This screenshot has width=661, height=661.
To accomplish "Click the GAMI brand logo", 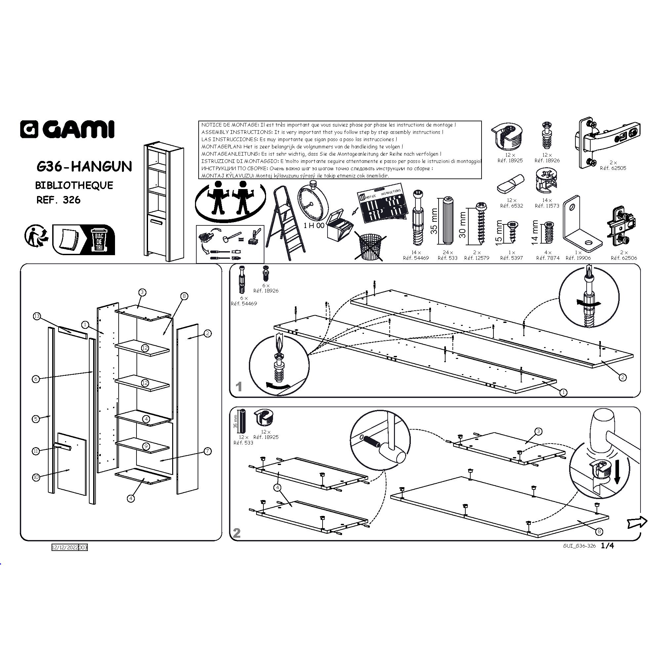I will coord(67,129).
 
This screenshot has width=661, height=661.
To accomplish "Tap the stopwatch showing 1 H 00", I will coord(312,204).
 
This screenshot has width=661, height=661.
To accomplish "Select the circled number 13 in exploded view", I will coord(37,316).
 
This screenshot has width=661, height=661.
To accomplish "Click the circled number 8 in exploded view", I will coord(184,296).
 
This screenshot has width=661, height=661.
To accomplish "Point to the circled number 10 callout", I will coord(36,477).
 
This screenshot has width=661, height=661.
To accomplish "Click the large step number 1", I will coord(239,387).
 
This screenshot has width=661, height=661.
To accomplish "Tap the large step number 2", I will coord(237,533).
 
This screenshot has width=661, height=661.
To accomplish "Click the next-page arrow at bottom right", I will coord(637,522).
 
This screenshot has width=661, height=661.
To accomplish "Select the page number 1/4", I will coord(608,546).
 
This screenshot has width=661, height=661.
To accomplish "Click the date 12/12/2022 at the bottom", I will coord(65,547).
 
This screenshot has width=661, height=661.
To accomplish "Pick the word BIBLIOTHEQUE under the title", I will coord(74,185).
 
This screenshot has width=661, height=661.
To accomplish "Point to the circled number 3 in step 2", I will coord(538,431).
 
